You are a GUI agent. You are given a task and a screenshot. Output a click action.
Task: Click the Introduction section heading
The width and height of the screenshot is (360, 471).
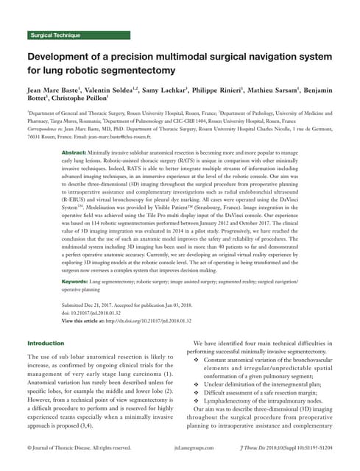tap(46, 344)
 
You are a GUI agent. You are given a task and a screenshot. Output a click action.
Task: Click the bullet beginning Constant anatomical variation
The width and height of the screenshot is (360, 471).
tap(268, 360)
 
